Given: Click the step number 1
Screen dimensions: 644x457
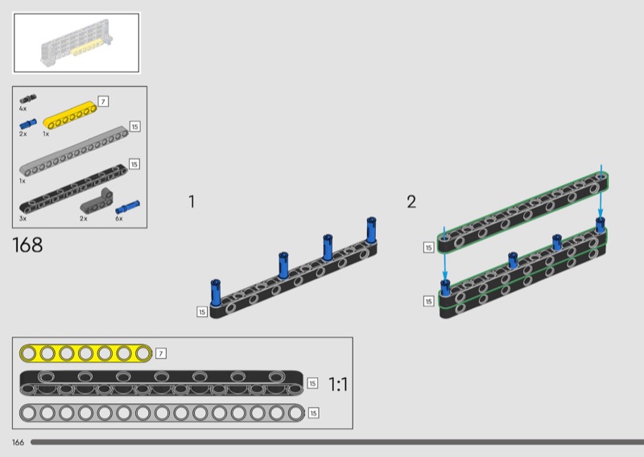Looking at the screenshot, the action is [192, 202].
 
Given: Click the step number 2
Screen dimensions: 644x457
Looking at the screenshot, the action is [411, 202].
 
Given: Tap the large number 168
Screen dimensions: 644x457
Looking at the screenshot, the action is [27, 245].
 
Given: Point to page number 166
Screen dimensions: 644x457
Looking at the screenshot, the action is [18, 443].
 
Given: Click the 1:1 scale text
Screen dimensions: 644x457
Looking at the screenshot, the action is [338, 385].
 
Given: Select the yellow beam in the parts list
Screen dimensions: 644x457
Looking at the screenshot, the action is [70, 115].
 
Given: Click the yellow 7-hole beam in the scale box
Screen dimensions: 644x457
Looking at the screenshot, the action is [86, 353].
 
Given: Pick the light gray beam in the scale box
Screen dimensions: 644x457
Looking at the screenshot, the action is [162, 413].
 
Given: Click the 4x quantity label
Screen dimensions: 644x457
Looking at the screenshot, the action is [23, 109].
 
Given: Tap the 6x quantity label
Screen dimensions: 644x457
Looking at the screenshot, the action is [118, 218].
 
